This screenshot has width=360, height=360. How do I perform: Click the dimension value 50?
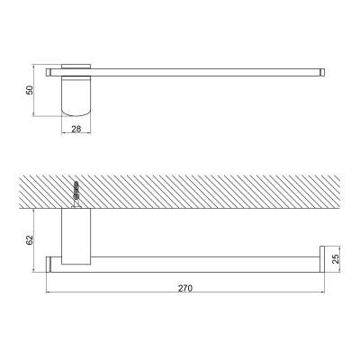pyautogui.click(x=29, y=90)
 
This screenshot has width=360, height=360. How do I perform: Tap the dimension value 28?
pyautogui.click(x=76, y=130)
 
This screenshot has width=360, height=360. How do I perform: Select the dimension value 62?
pyautogui.click(x=30, y=240)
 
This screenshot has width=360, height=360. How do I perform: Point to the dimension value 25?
pyautogui.click(x=336, y=258)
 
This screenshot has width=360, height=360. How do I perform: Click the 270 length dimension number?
pyautogui.click(x=185, y=288)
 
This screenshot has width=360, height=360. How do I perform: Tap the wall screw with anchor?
pyautogui.click(x=76, y=193)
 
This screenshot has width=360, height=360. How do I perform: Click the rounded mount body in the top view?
pyautogui.click(x=76, y=96)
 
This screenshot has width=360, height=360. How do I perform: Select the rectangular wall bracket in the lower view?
pyautogui.click(x=76, y=237)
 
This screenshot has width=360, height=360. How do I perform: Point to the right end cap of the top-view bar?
pyautogui.click(x=322, y=72)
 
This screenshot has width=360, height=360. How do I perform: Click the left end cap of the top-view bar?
pyautogui.click(x=49, y=72)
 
